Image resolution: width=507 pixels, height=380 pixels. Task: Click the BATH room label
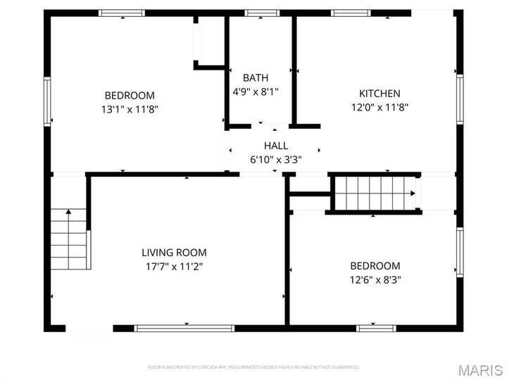click(x=255, y=77)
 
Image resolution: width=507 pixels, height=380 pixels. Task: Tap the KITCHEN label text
click(x=380, y=94)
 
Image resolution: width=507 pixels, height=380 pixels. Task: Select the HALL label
click(x=276, y=146)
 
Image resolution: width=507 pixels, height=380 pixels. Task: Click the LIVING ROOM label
click(x=174, y=253)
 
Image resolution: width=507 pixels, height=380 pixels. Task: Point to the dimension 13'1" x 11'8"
click(x=130, y=109)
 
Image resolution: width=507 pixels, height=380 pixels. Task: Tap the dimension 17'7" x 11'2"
click(x=174, y=266)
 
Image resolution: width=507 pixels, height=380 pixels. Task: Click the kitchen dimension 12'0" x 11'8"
click(x=380, y=108)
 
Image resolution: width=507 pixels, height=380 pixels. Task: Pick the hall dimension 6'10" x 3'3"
click(x=276, y=159)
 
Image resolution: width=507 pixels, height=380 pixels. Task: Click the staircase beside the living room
click(x=69, y=239)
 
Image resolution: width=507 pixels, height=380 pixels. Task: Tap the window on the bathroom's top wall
click(x=262, y=13)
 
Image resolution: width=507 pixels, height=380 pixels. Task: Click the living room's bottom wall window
click(x=184, y=328)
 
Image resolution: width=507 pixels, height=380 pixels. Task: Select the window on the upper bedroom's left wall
click(x=47, y=102)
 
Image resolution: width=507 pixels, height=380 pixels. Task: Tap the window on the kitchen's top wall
click(x=351, y=13)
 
